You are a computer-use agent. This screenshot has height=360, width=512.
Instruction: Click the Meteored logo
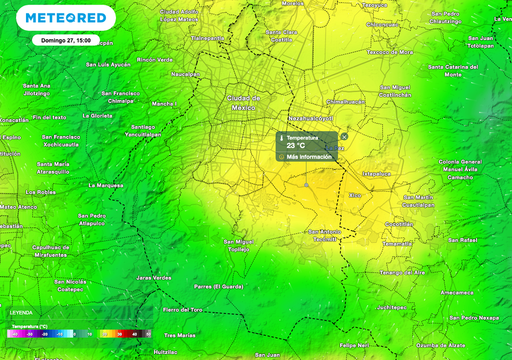tap(65, 18)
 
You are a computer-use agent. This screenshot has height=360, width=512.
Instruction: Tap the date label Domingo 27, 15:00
tap(65, 40)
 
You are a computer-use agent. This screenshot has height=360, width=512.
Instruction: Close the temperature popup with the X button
tap(344, 136)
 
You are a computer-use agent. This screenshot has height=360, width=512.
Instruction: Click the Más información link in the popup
tap(309, 157)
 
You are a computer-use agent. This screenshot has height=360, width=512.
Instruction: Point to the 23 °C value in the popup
tap(295, 145)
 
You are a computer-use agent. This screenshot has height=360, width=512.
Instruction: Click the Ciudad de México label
tap(243, 103)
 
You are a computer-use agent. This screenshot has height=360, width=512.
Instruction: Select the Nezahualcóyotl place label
tap(310, 118)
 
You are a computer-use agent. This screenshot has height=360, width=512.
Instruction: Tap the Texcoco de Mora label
tap(390, 52)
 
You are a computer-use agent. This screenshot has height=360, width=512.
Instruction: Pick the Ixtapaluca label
tap(376, 174)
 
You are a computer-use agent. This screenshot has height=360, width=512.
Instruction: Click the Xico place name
tap(354, 195)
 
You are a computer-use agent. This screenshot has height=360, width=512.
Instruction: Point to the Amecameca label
tap(457, 292)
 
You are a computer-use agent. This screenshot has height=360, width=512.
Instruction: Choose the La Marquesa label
tap(105, 185)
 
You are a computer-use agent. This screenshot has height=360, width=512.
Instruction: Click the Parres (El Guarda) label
tap(218, 286)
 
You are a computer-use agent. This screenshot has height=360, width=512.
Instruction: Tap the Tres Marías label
tap(179, 335)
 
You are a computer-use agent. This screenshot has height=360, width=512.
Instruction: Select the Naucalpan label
tap(185, 74)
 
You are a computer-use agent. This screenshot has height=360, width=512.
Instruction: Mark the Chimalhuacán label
tap(345, 101)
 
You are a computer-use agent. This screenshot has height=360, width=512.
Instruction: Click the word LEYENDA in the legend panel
tap(22, 312)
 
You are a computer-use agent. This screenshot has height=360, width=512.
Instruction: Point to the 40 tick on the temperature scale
tap(134, 334)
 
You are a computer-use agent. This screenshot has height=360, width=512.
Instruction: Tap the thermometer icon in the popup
tap(281, 138)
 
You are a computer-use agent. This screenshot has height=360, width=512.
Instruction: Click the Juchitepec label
tap(392, 307)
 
